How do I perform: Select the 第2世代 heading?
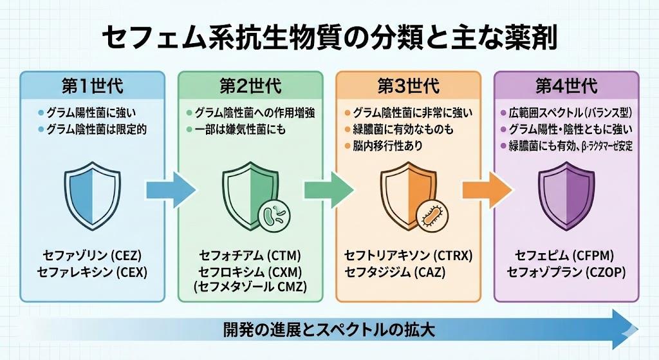click(250, 86)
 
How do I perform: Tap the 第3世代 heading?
click(409, 86)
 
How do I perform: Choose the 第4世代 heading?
click(566, 86)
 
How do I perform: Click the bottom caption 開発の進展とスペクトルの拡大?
click(329, 331)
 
